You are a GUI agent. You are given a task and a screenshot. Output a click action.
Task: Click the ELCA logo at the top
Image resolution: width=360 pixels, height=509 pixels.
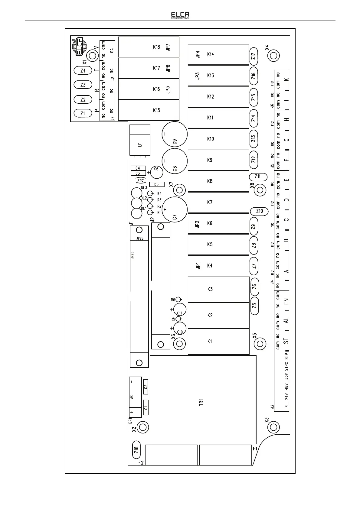pos(180,15)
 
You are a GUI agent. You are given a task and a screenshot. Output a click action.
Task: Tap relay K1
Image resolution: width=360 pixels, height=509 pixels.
pos(218,342)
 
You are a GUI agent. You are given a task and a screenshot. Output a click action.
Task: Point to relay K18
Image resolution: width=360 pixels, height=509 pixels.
pos(149,47)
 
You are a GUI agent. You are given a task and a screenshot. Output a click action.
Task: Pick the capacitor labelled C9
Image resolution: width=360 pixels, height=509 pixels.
pos(174,135)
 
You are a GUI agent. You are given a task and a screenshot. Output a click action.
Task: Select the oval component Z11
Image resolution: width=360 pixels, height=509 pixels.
pos(258,177)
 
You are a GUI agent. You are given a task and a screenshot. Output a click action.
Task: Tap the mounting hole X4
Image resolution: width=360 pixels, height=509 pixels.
pos(273,56)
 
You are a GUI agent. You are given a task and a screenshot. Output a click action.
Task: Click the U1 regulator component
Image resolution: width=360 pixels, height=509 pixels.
pos(140,144)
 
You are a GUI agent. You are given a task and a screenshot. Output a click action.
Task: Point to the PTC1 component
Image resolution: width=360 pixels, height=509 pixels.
pos(141,180)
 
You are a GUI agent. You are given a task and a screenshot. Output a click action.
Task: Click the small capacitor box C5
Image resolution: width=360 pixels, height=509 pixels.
pos(156,184)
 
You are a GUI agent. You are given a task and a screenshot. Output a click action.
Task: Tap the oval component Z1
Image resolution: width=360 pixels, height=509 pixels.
pos(83,114)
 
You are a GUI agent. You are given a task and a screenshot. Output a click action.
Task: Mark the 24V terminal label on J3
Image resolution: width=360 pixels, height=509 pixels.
pos(286,396)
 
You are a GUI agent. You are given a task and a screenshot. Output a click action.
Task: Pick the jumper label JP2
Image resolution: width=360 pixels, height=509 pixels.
pos(197,224)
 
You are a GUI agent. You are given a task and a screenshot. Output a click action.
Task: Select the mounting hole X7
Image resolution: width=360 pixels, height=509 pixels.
pos(180,190)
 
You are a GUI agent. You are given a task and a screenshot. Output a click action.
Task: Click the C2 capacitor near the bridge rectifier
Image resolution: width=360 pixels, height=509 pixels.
pos(146,387)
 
